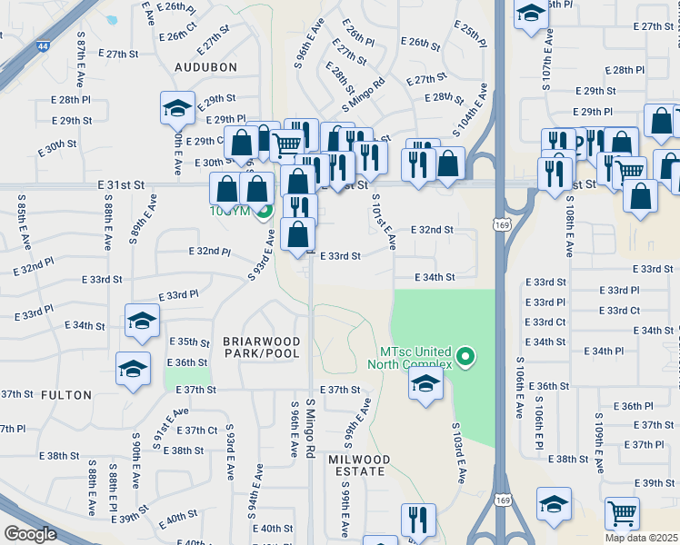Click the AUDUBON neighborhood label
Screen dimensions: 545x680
point(206,67)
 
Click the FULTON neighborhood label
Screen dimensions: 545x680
point(66,395)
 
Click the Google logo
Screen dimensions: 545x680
point(30,534)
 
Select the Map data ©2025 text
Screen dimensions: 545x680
point(642,538)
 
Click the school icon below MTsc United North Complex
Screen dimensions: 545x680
point(425,383)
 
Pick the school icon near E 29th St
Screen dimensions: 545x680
point(177,109)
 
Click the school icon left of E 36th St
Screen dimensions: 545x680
point(133,368)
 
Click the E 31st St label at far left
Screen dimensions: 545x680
point(122,183)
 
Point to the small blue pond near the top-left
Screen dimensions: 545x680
point(112,19)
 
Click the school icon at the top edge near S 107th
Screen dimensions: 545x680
point(530,13)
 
